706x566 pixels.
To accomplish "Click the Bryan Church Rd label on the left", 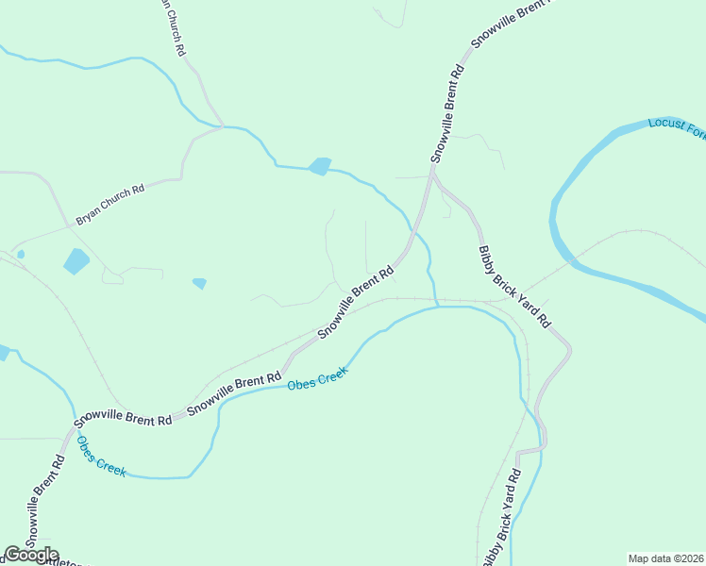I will [110, 204].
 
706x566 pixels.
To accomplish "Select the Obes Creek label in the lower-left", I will [101, 457].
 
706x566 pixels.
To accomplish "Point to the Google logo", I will [31, 555].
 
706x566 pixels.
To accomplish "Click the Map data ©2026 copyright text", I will [665, 558].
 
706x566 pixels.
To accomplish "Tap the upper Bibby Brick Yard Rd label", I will [513, 287].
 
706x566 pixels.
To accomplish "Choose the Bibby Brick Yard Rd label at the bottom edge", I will [501, 519].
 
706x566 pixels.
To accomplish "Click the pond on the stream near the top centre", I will [320, 166].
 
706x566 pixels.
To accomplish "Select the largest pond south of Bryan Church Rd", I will [76, 260].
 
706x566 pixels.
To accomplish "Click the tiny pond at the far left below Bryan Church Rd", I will [21, 254].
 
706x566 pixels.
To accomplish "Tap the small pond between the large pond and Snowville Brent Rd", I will [199, 282].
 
